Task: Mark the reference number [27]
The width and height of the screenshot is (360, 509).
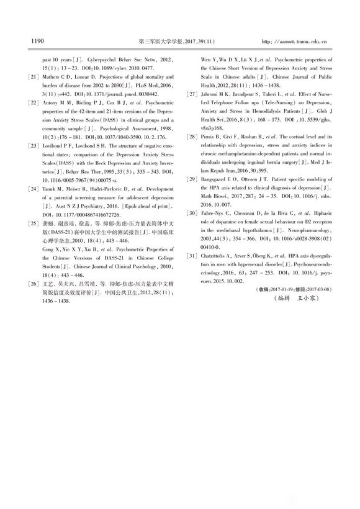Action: (192, 94)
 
